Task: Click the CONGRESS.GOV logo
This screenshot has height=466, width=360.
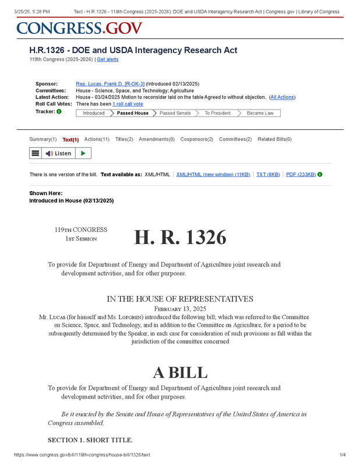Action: (79, 27)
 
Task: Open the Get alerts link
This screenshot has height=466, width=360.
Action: (108, 59)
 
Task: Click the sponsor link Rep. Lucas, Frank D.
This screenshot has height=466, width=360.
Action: (110, 84)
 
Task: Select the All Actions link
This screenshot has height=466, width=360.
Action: (283, 97)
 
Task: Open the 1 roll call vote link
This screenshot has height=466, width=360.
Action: (128, 104)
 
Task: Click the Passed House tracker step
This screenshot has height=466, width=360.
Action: (132, 113)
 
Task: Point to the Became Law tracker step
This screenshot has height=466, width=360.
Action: (260, 113)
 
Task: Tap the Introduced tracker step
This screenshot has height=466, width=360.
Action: (93, 113)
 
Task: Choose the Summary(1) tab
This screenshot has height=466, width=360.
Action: (43, 139)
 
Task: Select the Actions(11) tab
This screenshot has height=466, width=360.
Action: (97, 139)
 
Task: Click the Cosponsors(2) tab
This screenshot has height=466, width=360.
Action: (196, 139)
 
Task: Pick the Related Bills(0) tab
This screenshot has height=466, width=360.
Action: (274, 139)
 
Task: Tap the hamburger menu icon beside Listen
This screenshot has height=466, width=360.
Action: (36, 153)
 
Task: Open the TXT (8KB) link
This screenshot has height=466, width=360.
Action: (268, 174)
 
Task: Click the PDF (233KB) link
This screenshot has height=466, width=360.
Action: (301, 174)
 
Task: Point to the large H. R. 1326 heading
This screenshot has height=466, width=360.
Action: (180, 238)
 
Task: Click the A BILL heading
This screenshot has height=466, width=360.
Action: (180, 372)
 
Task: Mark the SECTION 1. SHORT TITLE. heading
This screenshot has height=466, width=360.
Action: (90, 440)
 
